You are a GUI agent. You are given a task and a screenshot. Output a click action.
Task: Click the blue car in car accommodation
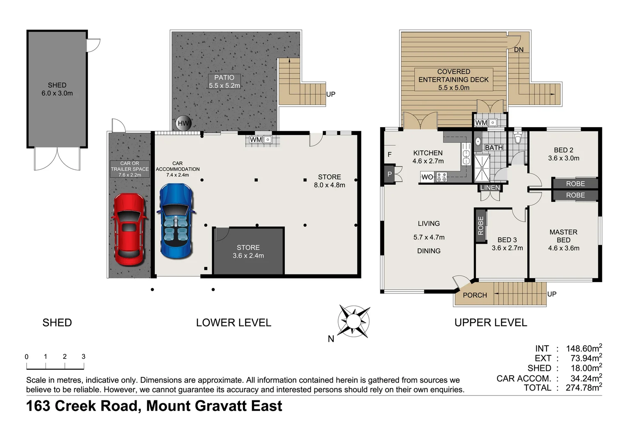click(176, 221)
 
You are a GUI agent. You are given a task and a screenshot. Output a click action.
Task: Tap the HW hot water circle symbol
click(183, 123)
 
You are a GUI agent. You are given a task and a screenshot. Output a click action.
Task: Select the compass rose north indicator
click(353, 321)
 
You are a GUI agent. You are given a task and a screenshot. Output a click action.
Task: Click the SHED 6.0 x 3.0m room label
click(57, 89)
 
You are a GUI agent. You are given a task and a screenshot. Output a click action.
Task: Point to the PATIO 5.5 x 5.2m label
click(224, 82)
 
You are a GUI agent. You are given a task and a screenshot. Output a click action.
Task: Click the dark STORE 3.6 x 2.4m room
click(248, 251)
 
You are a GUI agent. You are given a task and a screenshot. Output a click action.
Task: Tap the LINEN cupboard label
click(490, 188)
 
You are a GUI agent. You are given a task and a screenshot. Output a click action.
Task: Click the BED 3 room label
click(507, 244)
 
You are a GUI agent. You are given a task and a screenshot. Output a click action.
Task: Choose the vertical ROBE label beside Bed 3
click(481, 226)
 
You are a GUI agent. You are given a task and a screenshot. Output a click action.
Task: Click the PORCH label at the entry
click(475, 295)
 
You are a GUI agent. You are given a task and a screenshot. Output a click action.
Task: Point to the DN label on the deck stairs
click(519, 50)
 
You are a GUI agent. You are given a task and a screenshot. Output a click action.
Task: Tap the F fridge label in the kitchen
click(389, 155)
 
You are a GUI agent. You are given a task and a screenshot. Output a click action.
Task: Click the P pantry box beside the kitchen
click(389, 174)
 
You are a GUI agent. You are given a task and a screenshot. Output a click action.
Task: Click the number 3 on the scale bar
click(83, 356)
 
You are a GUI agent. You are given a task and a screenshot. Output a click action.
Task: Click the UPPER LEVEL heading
click(490, 323)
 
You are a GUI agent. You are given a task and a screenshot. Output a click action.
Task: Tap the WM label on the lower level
click(256, 139)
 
